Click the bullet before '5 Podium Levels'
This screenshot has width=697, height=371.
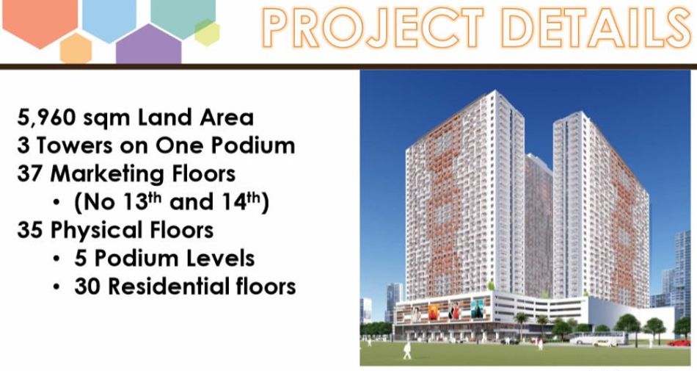point(56,259)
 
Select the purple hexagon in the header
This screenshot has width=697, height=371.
point(148,45)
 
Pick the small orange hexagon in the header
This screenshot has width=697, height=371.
point(76,48)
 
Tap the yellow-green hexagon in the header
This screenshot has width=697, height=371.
point(207,32)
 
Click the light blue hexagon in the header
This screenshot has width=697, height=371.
point(109,18)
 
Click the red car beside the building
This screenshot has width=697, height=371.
point(679,342)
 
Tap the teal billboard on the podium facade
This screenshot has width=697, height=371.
point(478,309)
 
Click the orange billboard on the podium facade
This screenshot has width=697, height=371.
point(434,311)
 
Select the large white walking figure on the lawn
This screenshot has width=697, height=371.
point(407,350)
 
